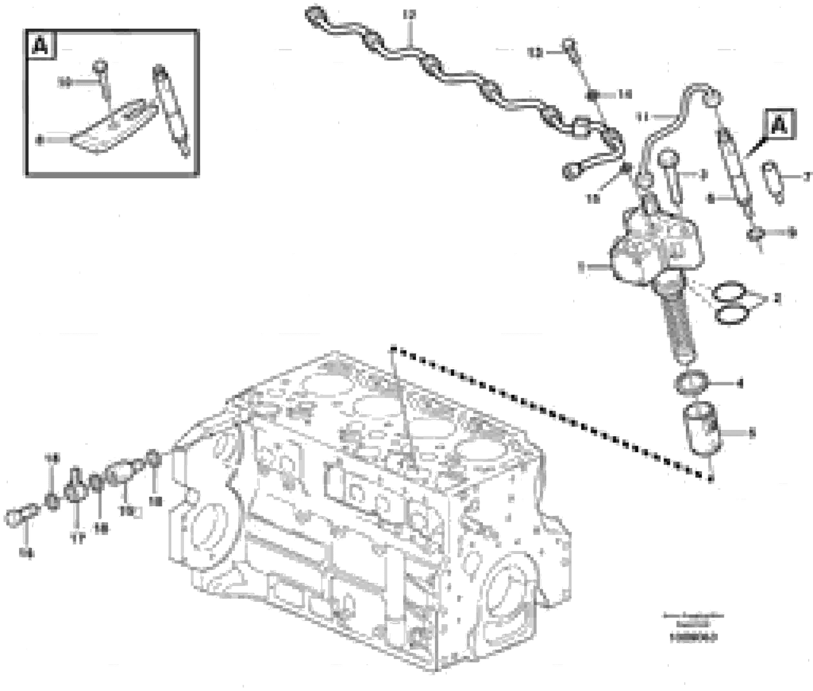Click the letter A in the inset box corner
[41, 47]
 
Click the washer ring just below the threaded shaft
[692, 383]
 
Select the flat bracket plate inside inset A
[114, 127]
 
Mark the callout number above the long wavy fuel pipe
[410, 15]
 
